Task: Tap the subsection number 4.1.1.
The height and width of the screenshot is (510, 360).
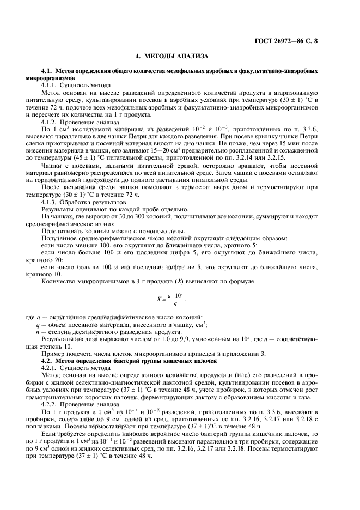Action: (50, 86)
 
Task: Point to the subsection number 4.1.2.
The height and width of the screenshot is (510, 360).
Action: (50, 123)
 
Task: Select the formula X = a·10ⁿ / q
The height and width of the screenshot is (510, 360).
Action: (172, 298)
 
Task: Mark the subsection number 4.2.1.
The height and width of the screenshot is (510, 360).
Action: (50, 368)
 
